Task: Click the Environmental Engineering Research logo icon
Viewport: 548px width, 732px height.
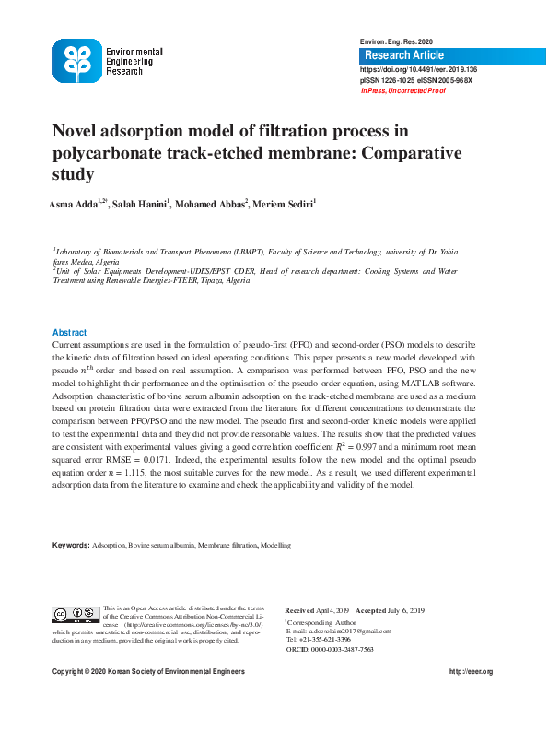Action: tap(77, 61)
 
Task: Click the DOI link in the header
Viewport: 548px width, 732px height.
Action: tap(418, 69)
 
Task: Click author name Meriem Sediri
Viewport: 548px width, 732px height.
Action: tap(287, 204)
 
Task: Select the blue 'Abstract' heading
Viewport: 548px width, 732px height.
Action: tap(70, 332)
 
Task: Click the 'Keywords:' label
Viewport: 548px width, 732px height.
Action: tap(71, 546)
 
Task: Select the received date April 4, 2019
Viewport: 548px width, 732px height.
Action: tap(333, 611)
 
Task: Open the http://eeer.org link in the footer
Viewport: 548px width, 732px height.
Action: tap(472, 672)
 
